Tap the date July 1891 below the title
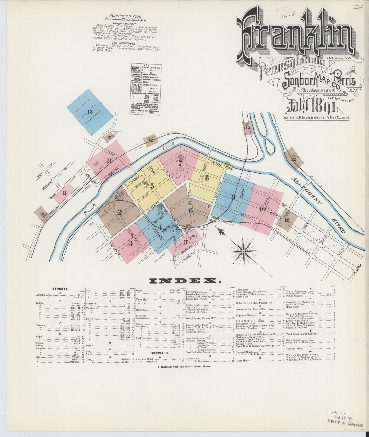click(311, 107)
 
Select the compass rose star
click(243, 251)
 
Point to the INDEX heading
click(185, 281)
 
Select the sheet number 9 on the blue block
click(233, 197)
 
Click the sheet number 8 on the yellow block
click(207, 178)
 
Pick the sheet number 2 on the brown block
click(119, 212)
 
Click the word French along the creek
click(89, 210)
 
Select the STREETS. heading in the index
click(60, 289)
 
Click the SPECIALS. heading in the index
click(160, 353)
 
